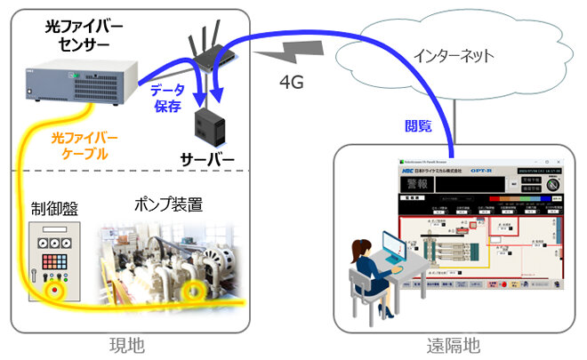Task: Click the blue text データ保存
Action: click(x=166, y=99)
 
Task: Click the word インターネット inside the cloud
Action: click(x=454, y=55)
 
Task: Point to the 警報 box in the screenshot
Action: click(x=412, y=185)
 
